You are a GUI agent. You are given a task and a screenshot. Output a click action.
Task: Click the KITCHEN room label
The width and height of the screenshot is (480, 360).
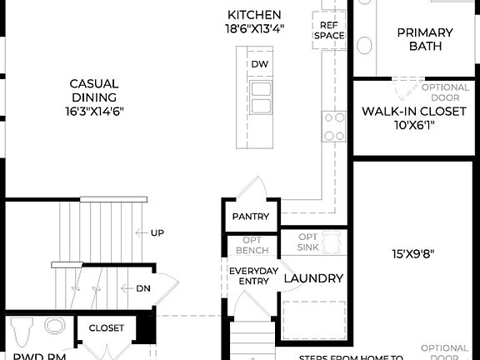[x=254, y=15]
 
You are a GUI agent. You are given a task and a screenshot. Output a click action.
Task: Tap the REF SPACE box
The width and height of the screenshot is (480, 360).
[x=328, y=31]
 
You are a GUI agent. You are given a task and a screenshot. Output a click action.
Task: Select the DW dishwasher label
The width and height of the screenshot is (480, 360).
[x=260, y=64]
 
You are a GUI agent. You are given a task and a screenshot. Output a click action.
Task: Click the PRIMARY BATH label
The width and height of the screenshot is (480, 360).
[x=424, y=39]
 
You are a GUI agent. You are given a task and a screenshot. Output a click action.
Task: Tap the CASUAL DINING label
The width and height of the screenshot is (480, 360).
[x=93, y=90]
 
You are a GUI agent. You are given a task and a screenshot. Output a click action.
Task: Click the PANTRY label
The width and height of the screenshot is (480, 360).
[x=251, y=217]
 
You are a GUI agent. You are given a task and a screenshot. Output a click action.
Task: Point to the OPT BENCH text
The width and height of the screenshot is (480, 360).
[x=251, y=246]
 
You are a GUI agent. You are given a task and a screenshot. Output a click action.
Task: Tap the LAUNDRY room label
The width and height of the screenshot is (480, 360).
[x=313, y=279]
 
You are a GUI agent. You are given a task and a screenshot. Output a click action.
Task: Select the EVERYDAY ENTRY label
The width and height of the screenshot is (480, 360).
[x=250, y=276]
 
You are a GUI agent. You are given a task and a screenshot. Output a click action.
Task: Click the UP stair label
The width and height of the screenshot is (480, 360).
[x=157, y=233]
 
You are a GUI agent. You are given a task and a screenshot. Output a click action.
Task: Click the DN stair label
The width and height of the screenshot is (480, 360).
[x=142, y=288]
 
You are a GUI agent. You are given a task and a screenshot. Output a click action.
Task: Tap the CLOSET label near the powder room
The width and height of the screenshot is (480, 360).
[x=106, y=328]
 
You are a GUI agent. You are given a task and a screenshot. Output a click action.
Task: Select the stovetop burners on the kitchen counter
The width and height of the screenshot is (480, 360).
[x=334, y=127]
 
